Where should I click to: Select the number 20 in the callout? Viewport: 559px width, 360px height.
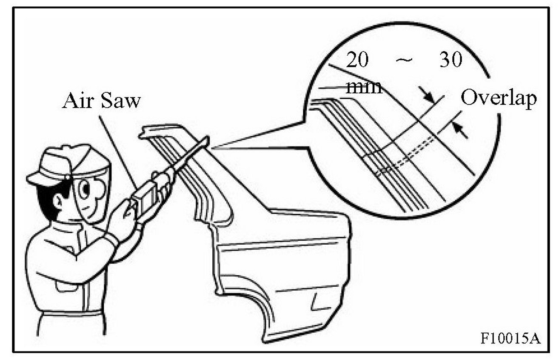[x=357, y=61]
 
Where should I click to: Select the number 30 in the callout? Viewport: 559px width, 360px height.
[x=450, y=61]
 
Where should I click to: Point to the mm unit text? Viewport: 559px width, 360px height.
[x=364, y=87]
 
